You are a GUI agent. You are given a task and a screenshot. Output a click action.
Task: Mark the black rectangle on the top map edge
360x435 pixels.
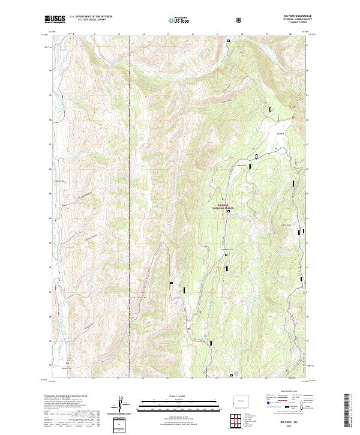228,41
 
